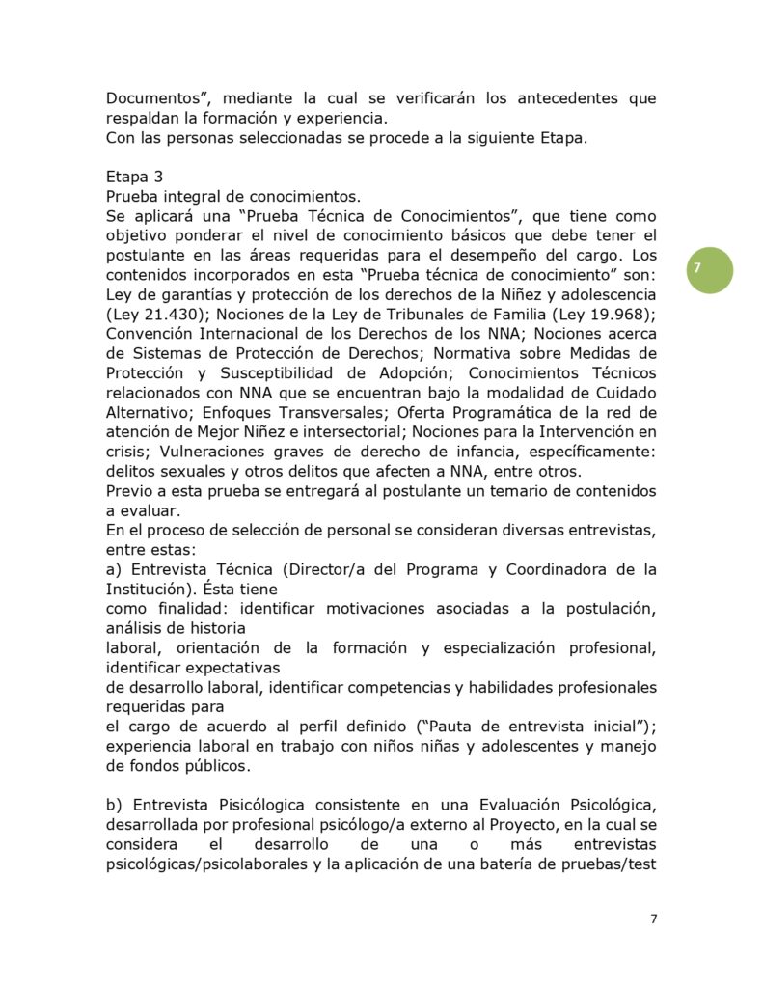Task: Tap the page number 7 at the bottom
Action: [x=654, y=918]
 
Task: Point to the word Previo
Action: [x=128, y=491]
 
